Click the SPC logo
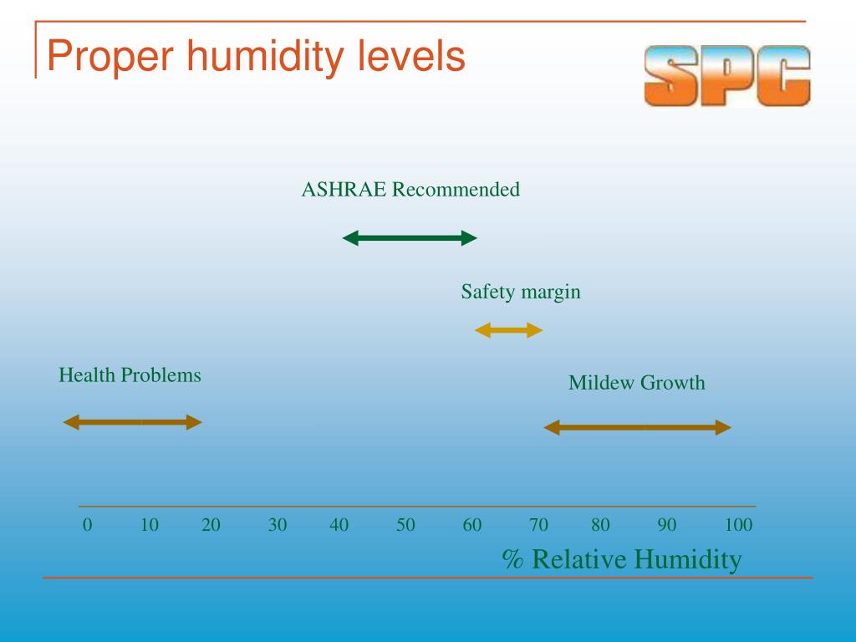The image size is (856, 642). point(726,76)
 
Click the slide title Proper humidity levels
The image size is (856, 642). point(255,57)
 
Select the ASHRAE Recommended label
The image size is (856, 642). point(410,190)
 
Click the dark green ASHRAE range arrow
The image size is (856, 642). point(410,238)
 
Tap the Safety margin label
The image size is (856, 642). point(520,292)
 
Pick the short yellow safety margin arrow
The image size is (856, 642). point(508,331)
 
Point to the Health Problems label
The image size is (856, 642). point(130,374)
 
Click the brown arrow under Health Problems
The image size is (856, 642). point(133,422)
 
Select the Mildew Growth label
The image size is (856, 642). point(636,383)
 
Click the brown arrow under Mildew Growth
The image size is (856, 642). point(637,428)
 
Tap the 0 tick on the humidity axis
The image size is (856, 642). point(87,525)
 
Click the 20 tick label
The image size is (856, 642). point(211,525)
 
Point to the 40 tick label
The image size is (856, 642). point(339,525)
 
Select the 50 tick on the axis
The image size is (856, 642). point(405,525)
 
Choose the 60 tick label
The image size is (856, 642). point(472,525)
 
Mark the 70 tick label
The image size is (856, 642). point(538,525)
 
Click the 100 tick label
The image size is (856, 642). point(738,525)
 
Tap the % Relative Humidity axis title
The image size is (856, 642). point(621,558)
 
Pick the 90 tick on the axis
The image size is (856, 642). point(666,525)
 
